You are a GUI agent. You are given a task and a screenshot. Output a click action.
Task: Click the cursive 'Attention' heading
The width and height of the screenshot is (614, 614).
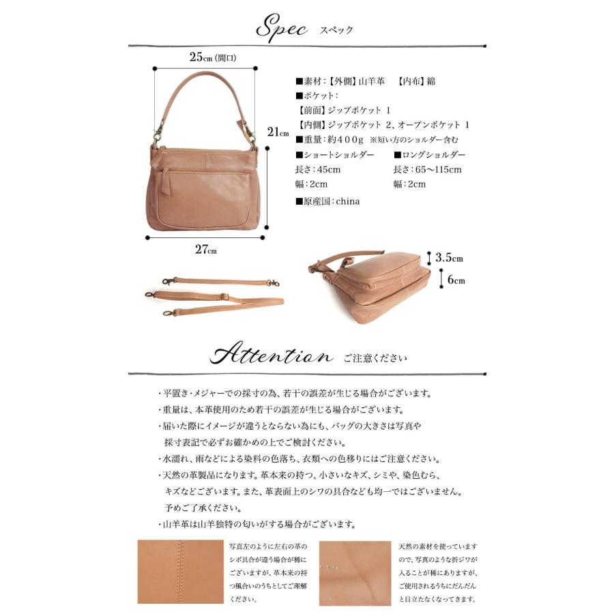coord(272,356)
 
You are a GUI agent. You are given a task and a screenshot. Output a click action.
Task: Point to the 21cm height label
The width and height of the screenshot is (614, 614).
coord(278,132)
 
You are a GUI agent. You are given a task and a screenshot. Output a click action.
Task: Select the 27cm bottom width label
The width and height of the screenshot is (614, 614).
coord(205,250)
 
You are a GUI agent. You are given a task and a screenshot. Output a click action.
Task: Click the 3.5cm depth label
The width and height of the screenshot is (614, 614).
coord(450,258)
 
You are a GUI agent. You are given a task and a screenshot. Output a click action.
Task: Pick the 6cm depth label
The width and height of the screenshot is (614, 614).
coord(456,280)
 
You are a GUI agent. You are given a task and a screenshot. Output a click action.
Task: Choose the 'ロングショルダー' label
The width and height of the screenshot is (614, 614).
coord(433,155)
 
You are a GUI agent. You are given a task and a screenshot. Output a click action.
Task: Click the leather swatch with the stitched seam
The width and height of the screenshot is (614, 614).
coord(181,572)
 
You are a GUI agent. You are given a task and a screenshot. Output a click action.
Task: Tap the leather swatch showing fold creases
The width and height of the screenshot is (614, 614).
coord(355,572)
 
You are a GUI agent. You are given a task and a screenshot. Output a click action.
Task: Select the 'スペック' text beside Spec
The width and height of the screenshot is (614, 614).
coord(336,31)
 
